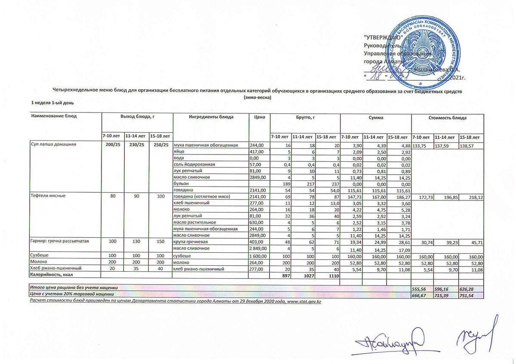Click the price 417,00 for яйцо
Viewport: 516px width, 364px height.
257,152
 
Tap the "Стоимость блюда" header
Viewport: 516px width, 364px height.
447,117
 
